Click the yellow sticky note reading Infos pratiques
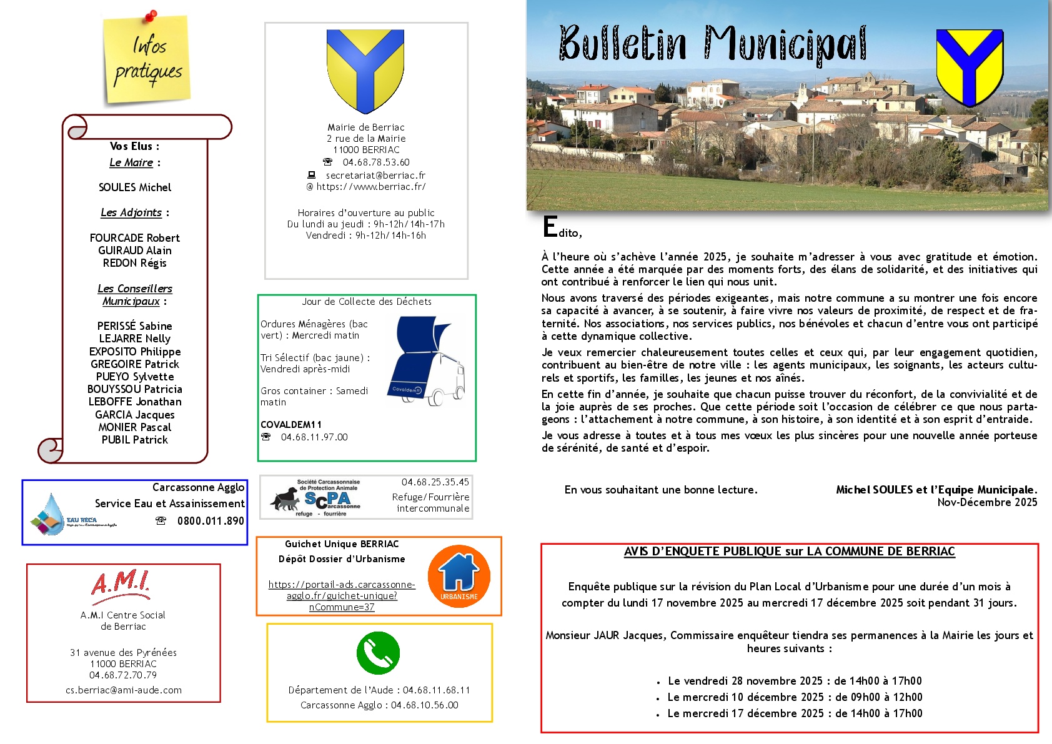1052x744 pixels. coord(147,59)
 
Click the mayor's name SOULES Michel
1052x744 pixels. coord(135,187)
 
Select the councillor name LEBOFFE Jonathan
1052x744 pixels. coord(135,402)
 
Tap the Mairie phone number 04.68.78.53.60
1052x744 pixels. coord(375,162)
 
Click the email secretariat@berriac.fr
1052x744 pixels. coord(375,176)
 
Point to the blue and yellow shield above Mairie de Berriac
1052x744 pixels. coord(365,70)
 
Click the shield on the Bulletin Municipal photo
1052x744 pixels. coord(970,67)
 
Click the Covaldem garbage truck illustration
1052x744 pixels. coord(425,362)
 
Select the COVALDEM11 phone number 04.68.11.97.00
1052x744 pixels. coord(314,437)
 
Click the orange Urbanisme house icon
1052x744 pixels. coord(459,576)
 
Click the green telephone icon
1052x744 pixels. coord(378,653)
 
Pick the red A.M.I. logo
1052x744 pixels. coord(121,585)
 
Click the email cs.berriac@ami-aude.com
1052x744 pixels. coord(124,690)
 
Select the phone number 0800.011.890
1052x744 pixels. coord(211,521)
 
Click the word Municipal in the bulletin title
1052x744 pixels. coord(786,45)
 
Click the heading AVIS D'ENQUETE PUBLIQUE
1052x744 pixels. coord(789,552)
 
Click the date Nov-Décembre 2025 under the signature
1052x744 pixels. coord(987,502)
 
